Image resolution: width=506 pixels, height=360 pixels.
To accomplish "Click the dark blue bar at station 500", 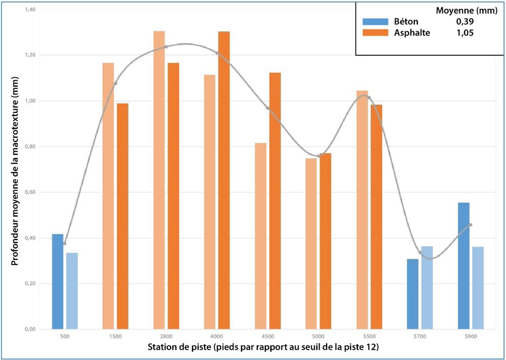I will (58, 281).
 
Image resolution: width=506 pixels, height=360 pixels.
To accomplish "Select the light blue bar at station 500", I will (72, 291).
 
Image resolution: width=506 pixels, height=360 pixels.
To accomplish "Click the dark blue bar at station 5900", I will (464, 266).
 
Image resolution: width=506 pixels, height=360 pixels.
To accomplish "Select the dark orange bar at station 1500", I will (123, 216).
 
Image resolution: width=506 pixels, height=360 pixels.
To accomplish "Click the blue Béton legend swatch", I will (375, 22).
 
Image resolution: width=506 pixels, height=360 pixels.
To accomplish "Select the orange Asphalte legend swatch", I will (375, 33).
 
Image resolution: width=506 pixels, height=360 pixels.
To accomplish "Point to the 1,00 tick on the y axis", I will (30, 101).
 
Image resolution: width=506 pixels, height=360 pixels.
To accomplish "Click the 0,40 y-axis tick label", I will (30, 238).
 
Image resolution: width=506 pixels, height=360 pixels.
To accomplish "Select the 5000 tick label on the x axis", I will (318, 337).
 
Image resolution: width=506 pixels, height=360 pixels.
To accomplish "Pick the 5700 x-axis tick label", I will (420, 337).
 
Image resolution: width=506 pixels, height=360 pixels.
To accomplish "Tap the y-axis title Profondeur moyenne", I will (15, 171).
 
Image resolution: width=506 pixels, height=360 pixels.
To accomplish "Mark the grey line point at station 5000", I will (318, 156).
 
